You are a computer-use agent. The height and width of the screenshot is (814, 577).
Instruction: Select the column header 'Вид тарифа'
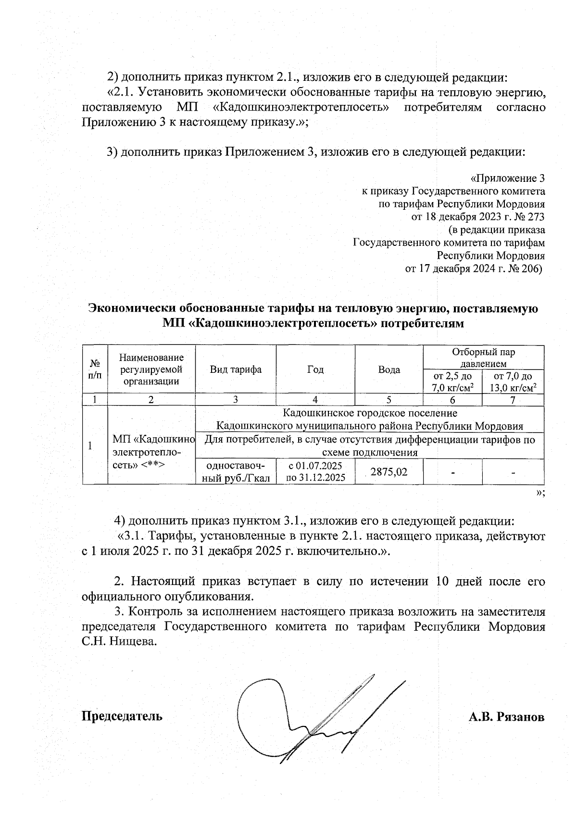pos(236,369)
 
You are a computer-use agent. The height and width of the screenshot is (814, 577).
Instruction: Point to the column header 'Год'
pos(315,369)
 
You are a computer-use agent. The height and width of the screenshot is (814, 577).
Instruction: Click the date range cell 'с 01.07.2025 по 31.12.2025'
pos(315,471)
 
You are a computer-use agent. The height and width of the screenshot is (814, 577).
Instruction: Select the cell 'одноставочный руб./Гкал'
pos(236,471)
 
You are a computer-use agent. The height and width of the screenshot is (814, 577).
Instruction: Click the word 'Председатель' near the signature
pos(122,716)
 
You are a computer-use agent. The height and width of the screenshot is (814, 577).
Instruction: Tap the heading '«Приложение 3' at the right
pos(507,178)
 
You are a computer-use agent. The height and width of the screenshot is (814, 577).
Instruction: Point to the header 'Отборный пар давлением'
pos(483,357)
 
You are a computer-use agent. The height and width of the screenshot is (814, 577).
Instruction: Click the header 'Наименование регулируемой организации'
pos(151,369)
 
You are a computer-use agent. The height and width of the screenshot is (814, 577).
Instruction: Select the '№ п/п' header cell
pos(95,369)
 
